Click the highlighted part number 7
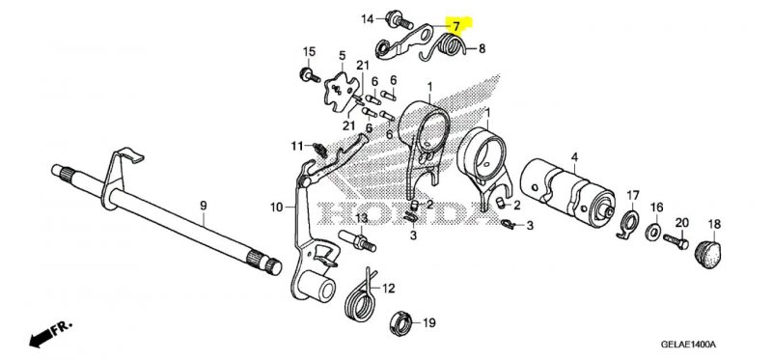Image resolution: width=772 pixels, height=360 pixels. tap(456, 26)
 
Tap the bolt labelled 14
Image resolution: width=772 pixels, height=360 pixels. tap(400, 19)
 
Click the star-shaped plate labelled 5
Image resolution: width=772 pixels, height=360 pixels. tap(342, 91)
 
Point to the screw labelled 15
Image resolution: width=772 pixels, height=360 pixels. tap(309, 76)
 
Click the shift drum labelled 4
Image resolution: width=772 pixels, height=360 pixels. tap(567, 189)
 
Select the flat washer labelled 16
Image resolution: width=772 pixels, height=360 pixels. tap(654, 230)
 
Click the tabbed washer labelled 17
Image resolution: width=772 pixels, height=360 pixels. tap(629, 223)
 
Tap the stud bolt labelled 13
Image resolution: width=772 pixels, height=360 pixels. tap(357, 241)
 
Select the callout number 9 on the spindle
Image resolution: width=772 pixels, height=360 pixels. tap(204, 207)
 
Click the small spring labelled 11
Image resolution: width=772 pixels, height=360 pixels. tap(319, 149)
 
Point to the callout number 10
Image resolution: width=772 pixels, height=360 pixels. tap(276, 208)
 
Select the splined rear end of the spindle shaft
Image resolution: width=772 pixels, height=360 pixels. tap(263, 262)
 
